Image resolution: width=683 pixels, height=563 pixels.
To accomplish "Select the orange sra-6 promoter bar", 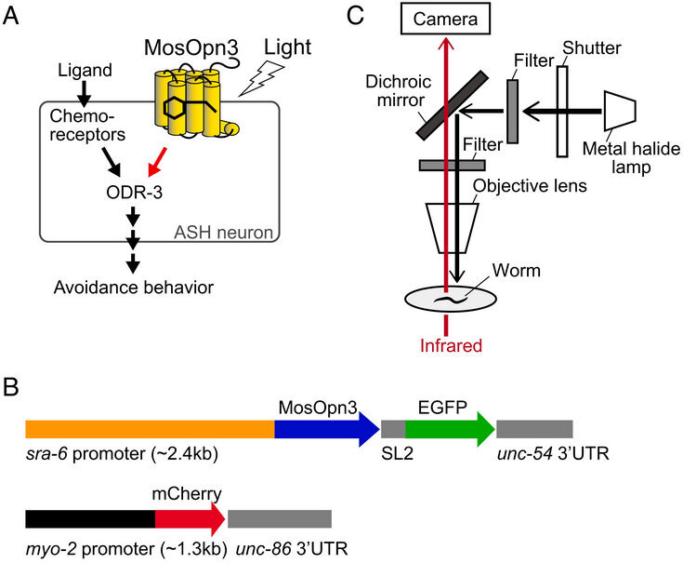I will click(x=149, y=429).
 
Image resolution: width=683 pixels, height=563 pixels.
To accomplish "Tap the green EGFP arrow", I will click(x=447, y=429).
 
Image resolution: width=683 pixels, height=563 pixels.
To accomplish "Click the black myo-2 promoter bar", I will click(x=89, y=519).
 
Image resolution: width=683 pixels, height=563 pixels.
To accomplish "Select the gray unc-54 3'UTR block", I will click(x=534, y=429).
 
